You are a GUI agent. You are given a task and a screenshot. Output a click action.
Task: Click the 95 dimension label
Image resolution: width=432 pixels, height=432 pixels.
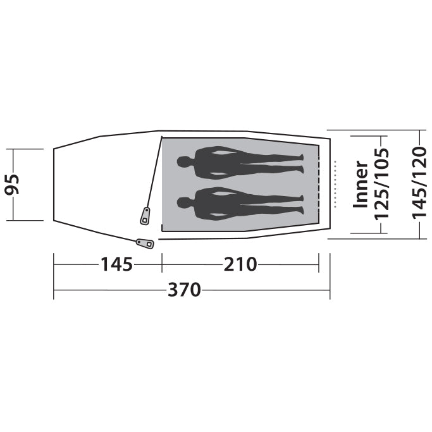(13, 184)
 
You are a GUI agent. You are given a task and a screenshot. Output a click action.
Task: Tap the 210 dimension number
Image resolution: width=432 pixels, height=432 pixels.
(240, 264)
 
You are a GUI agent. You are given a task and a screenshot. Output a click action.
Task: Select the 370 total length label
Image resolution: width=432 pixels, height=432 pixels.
(184, 290)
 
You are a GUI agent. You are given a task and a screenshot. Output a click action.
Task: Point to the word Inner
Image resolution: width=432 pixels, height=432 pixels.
(361, 184)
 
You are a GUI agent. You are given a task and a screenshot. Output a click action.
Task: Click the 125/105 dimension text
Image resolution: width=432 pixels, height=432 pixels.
(381, 184)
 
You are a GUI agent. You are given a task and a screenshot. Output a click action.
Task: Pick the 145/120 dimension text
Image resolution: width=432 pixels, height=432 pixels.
(419, 183)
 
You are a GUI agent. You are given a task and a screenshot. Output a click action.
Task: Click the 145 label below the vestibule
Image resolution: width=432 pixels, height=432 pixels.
(117, 264)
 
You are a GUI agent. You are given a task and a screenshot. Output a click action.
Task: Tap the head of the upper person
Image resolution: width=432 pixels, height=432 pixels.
(184, 162)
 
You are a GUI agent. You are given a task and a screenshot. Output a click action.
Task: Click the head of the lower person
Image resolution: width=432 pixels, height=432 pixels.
(184, 203)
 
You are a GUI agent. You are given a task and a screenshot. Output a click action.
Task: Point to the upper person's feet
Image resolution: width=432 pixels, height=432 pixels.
(301, 163)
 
